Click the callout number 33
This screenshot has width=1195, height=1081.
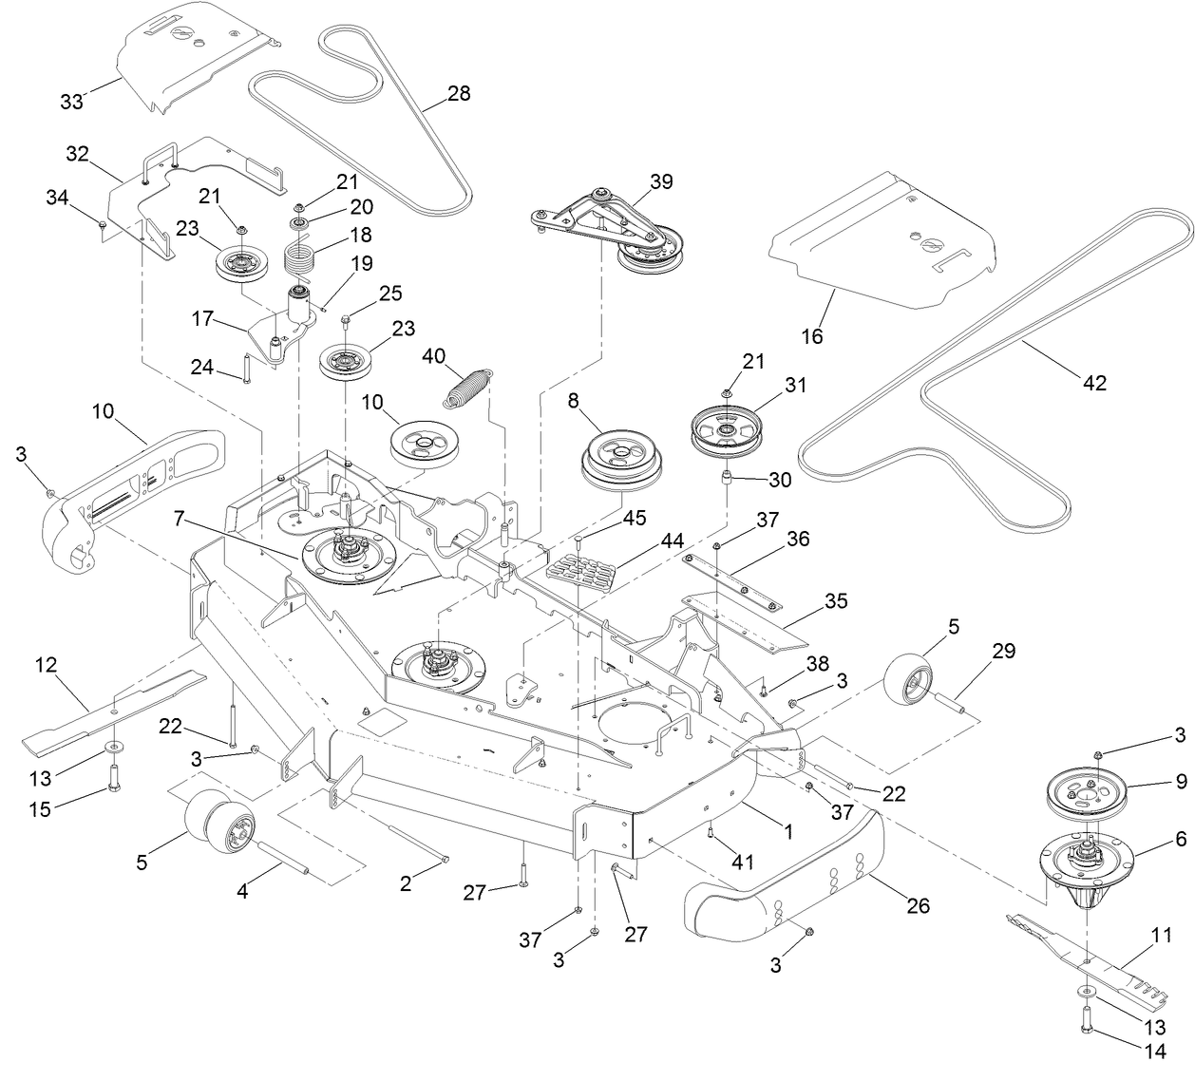(x=72, y=103)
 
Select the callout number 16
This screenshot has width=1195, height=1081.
(x=812, y=336)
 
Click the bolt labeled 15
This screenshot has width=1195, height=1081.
(x=114, y=782)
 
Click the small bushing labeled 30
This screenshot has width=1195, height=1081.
(x=727, y=475)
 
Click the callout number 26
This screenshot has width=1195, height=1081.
(x=918, y=905)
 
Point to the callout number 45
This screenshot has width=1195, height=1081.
(x=634, y=519)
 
